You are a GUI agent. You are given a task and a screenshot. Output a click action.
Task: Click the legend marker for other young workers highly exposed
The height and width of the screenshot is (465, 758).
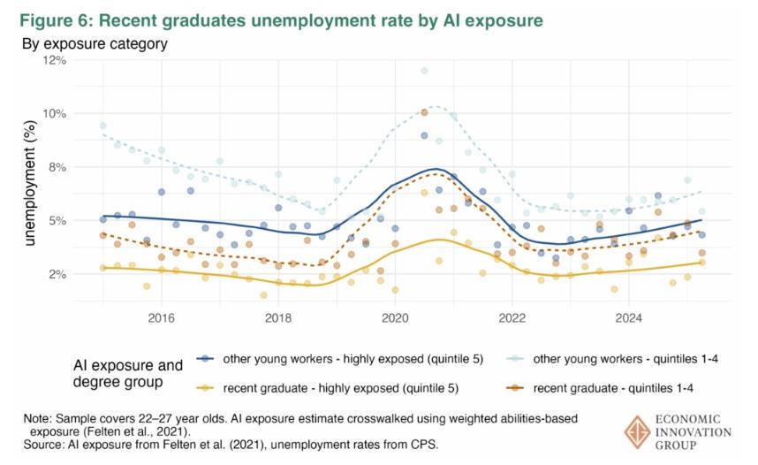point(205,358)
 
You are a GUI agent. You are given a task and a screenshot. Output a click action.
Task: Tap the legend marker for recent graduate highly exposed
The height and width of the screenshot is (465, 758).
point(205,386)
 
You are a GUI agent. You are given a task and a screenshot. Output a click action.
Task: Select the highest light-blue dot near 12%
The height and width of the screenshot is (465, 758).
point(424,71)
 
